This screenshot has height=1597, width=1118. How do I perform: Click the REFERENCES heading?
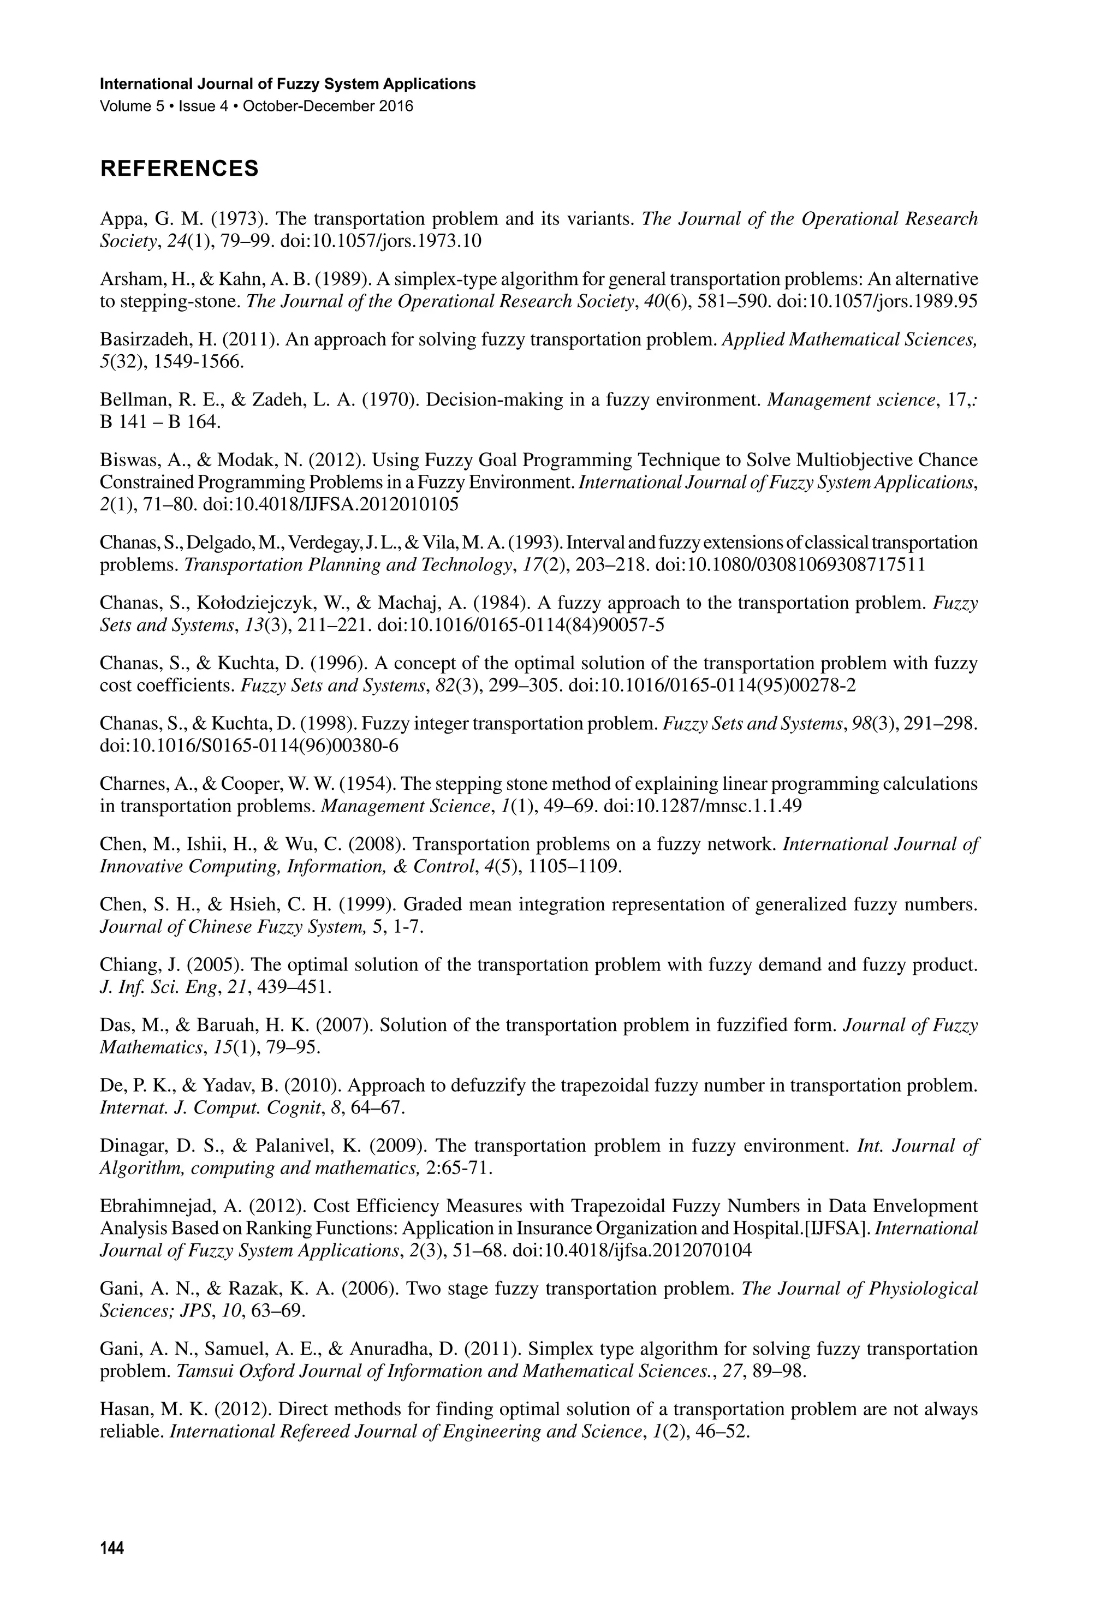click(x=180, y=168)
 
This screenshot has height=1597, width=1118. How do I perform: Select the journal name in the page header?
click(x=288, y=84)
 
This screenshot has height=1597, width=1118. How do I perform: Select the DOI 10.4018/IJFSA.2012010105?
click(x=330, y=504)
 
